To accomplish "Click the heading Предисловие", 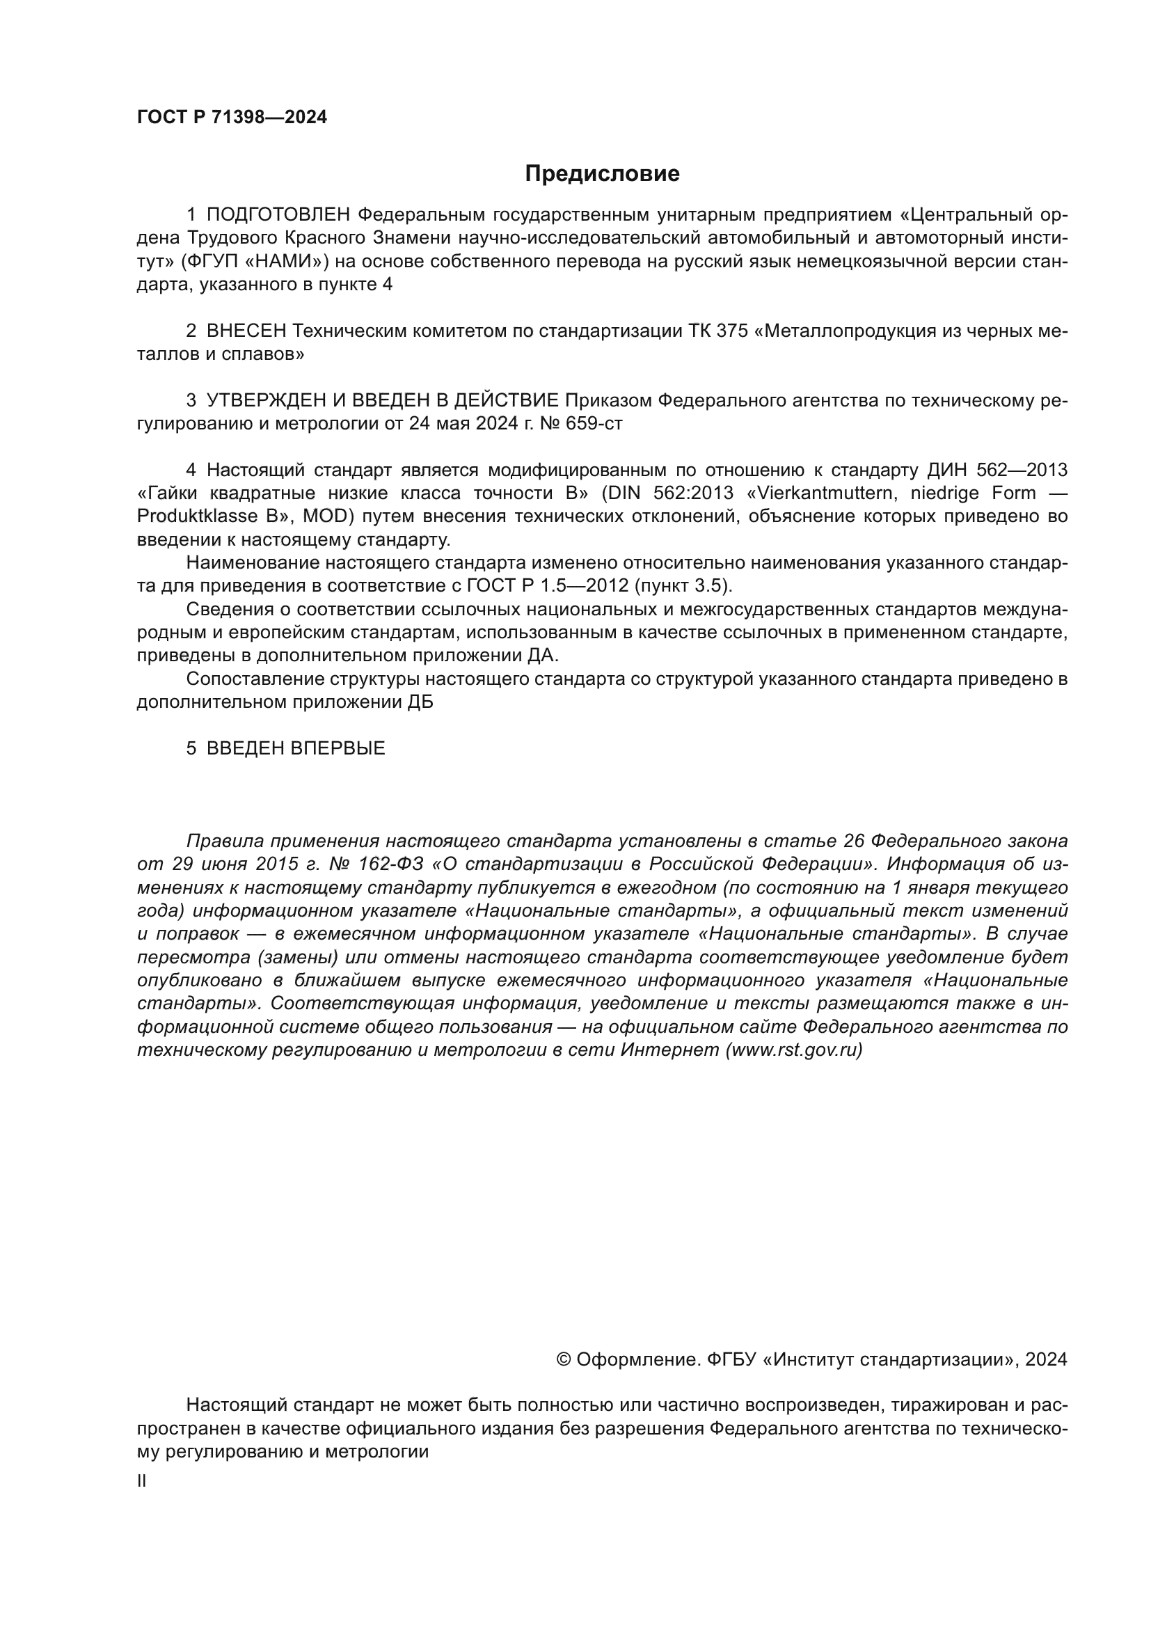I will [x=602, y=174].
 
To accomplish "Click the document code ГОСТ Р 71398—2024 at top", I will [x=232, y=118].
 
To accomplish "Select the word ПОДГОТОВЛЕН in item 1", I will [x=278, y=215].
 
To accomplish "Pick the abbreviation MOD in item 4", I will [x=328, y=517].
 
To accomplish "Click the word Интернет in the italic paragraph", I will [x=669, y=1050].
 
